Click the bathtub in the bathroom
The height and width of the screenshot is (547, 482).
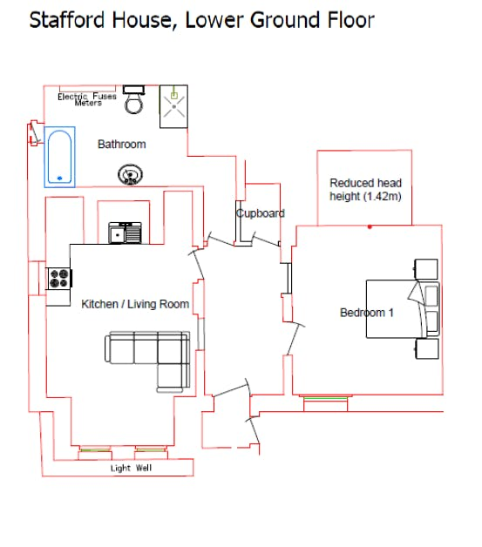coord(59,157)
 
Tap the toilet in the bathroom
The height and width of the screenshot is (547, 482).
coord(134,100)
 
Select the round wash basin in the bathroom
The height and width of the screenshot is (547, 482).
coord(130,174)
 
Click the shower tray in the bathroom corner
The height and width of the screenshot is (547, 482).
coord(173,106)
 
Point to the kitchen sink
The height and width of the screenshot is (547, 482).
coord(125,233)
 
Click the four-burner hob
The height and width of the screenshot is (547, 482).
coord(59,279)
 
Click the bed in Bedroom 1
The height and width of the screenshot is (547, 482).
coord(403,308)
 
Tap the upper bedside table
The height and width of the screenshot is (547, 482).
coord(426,269)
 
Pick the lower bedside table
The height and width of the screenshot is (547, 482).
coord(427,348)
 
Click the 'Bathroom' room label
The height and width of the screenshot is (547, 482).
coord(121,144)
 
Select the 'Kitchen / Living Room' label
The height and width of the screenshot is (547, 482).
coord(135,304)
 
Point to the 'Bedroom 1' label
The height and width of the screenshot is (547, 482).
coord(367,312)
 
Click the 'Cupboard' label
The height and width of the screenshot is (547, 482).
coord(261,213)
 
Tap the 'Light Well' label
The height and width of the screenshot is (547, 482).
coord(132,468)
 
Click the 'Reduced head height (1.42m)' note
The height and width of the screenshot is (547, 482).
coord(365,189)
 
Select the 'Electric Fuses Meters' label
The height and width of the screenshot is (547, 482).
coord(87,99)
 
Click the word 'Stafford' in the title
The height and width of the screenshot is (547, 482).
coord(67,20)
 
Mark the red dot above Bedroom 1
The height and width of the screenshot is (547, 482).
coord(370,226)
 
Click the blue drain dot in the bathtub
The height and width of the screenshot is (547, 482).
coord(59,179)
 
